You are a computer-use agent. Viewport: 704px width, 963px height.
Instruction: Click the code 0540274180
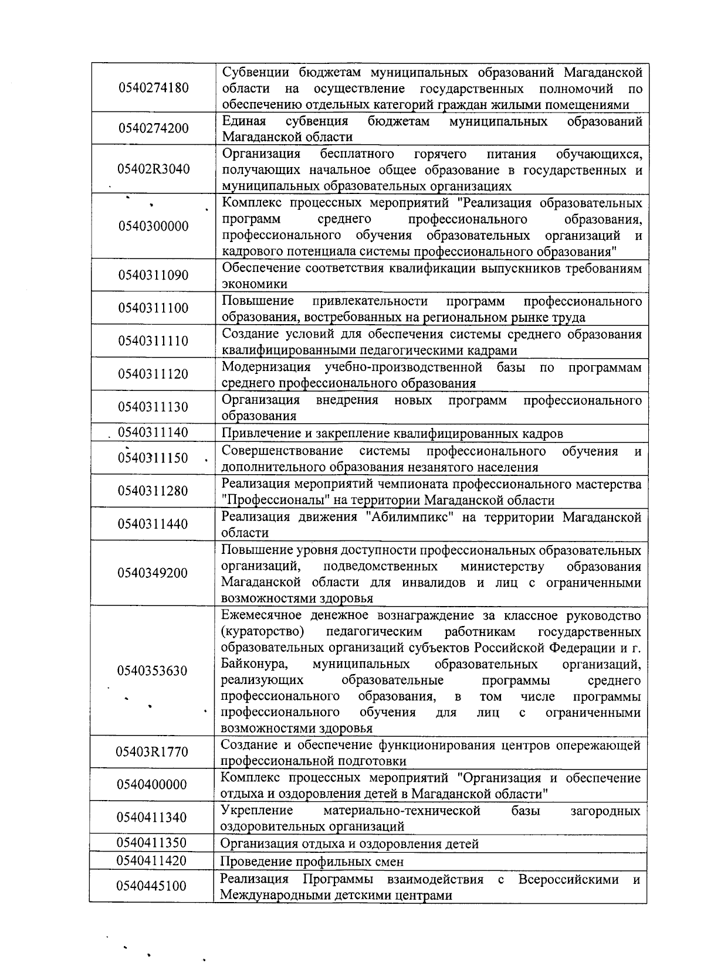pyautogui.click(x=153, y=88)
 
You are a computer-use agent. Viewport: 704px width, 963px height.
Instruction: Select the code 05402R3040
pyautogui.click(x=153, y=169)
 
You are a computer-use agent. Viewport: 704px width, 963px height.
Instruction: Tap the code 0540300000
pyautogui.click(x=153, y=226)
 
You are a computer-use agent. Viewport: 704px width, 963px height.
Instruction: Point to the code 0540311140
pyautogui.click(x=153, y=433)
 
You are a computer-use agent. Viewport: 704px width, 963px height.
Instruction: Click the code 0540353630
pyautogui.click(x=153, y=671)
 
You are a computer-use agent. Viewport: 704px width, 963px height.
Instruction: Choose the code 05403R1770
pyautogui.click(x=153, y=751)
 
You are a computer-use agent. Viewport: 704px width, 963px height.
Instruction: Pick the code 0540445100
pyautogui.click(x=152, y=885)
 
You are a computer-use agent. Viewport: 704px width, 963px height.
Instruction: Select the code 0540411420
pyautogui.click(x=152, y=860)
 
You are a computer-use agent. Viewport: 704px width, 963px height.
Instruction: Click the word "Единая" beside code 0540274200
pyautogui.click(x=244, y=121)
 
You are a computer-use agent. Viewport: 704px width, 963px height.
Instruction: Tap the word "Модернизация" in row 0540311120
pyautogui.click(x=266, y=367)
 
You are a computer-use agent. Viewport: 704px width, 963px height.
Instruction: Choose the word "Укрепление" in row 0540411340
pyautogui.click(x=256, y=811)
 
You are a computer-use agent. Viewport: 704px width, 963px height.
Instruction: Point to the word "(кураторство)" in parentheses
pyautogui.click(x=262, y=632)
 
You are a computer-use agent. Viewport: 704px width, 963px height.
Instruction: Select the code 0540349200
pyautogui.click(x=153, y=573)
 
